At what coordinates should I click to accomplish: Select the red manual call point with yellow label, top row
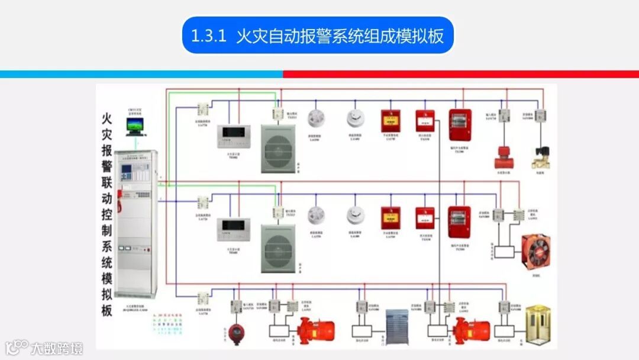[x=390, y=121]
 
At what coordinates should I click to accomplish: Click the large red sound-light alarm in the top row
[x=460, y=124]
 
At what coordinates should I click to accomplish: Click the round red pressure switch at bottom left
[x=237, y=332]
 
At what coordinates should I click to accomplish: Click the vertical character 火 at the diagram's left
[x=107, y=120]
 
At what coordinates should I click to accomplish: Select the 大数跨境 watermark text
[x=57, y=348]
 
